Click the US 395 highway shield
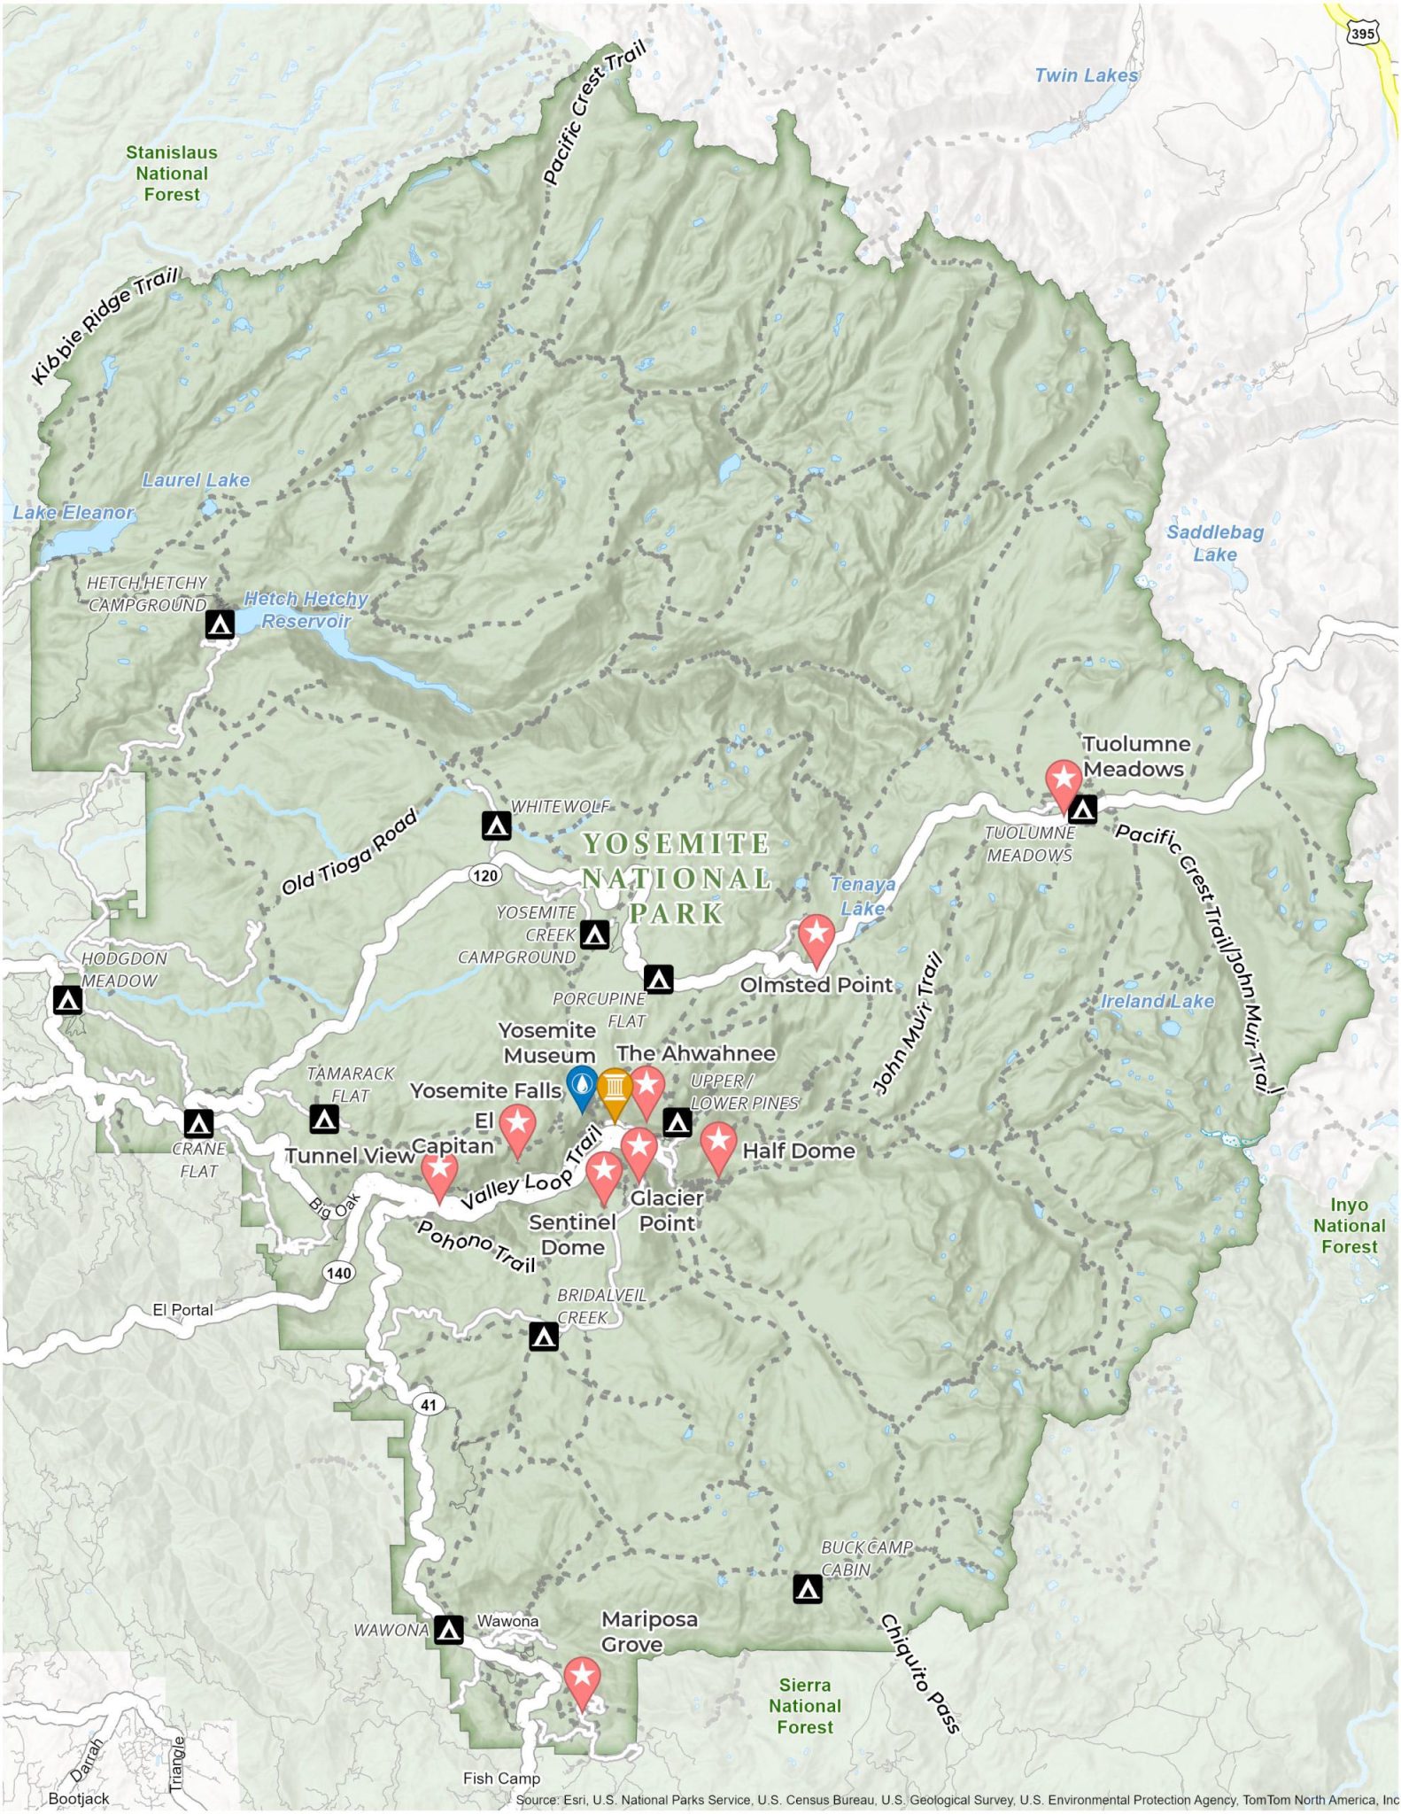pyautogui.click(x=1361, y=34)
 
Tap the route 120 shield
pyautogui.click(x=484, y=876)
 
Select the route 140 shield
pyautogui.click(x=338, y=1273)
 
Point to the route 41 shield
pyautogui.click(x=429, y=1405)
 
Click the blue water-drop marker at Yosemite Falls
pyautogui.click(x=581, y=1085)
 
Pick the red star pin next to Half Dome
pyautogui.click(x=718, y=1143)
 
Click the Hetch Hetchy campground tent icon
pyautogui.click(x=220, y=624)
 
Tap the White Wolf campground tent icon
pyautogui.click(x=496, y=826)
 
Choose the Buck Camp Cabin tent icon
pyautogui.click(x=807, y=1589)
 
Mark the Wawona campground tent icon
pyautogui.click(x=449, y=1630)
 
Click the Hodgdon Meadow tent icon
pyautogui.click(x=68, y=1000)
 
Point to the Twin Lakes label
pyautogui.click(x=1086, y=76)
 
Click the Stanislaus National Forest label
pyautogui.click(x=172, y=174)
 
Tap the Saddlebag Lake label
pyautogui.click(x=1214, y=543)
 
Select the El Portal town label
pyautogui.click(x=182, y=1310)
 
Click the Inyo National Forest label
pyautogui.click(x=1349, y=1226)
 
